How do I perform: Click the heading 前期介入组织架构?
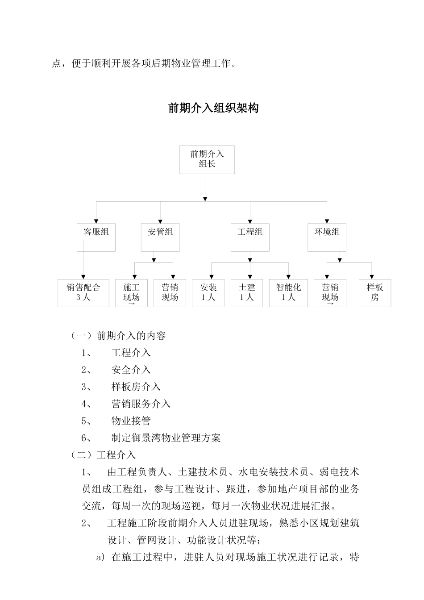[213, 108]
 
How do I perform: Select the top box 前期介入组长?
[207, 159]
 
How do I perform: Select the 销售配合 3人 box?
[83, 293]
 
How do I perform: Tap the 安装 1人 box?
[208, 293]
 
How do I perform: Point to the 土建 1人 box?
[247, 293]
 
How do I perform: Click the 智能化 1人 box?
[288, 293]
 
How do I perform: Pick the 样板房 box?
[375, 293]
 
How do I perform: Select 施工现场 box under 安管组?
[131, 293]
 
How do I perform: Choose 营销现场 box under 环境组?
[330, 293]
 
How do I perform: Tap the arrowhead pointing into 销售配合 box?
[83, 277]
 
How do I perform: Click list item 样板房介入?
[136, 387]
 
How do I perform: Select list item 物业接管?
[131, 421]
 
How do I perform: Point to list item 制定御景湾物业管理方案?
[166, 438]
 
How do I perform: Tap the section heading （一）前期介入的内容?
[118, 336]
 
